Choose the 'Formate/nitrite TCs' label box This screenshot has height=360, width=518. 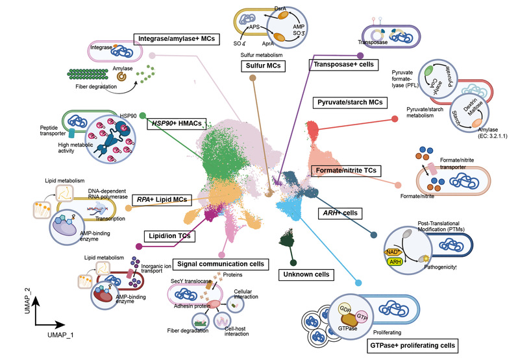pos(347,171)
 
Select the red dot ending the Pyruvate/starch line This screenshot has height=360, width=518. pos(395,119)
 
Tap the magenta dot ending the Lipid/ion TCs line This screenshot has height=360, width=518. pos(138,246)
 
